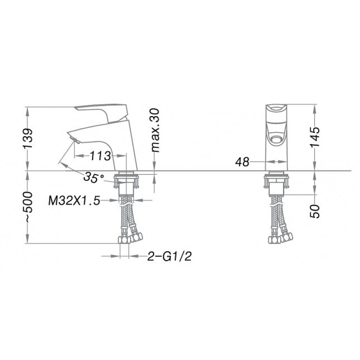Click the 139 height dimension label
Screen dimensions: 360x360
pyautogui.click(x=28, y=139)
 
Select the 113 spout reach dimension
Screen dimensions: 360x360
pyautogui.click(x=100, y=156)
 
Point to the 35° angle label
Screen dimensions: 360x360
pyautogui.click(x=94, y=177)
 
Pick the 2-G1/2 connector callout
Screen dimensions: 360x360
pyautogui.click(x=169, y=256)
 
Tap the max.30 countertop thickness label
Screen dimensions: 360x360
pyautogui.click(x=155, y=130)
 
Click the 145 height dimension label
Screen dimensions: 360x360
pyautogui.click(x=314, y=137)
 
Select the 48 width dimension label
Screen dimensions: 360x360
pyautogui.click(x=242, y=162)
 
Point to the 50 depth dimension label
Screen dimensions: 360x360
pyautogui.click(x=315, y=211)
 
